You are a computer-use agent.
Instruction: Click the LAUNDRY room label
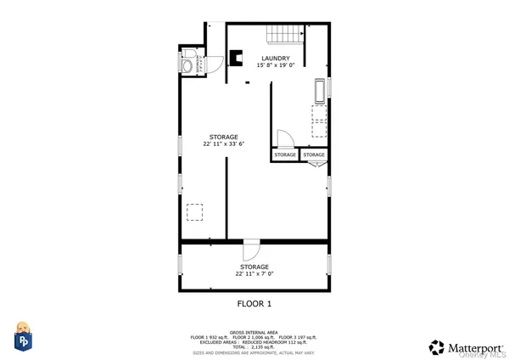click(275, 59)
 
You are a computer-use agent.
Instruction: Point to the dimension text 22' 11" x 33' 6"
click(224, 144)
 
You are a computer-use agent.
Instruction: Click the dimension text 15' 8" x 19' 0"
click(275, 65)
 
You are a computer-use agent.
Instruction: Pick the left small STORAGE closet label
click(285, 155)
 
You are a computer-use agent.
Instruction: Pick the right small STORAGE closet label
click(314, 155)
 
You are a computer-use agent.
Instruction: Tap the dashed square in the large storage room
click(194, 211)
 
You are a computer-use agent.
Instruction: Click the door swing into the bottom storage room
click(251, 251)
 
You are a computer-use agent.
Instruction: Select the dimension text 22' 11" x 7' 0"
click(255, 273)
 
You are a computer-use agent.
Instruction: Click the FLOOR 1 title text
click(254, 303)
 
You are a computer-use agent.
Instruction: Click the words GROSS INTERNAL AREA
click(255, 332)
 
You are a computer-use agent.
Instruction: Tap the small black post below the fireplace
click(246, 83)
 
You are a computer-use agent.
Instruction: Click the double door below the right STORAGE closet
click(315, 166)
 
